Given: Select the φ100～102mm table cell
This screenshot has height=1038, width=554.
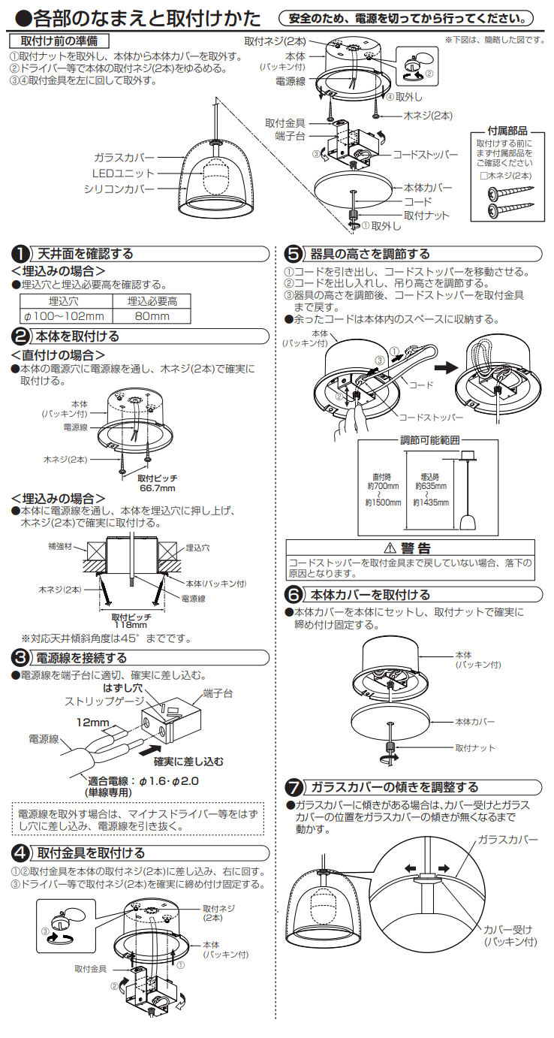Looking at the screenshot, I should point(65,316).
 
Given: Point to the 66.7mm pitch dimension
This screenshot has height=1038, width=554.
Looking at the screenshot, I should point(157,488).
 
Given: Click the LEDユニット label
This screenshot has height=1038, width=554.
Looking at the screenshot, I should point(122,174).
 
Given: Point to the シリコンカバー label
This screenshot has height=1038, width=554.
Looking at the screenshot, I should point(119,189).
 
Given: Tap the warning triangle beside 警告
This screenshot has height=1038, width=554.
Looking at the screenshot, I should point(389,548).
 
